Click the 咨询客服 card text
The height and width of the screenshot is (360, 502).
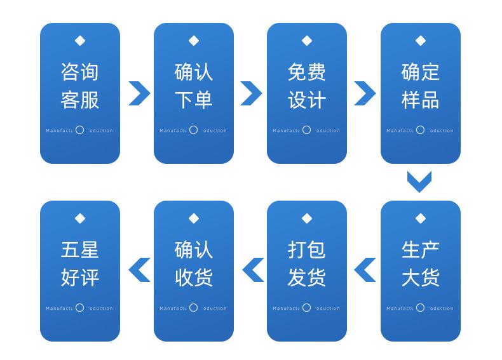(80, 85)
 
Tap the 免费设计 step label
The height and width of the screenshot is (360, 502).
(307, 85)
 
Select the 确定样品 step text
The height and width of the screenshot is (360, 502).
(420, 85)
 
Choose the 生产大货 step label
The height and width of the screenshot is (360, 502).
(420, 263)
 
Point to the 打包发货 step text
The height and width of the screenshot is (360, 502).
(307, 263)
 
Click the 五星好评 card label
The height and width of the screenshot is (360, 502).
(80, 263)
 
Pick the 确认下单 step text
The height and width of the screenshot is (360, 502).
(193, 85)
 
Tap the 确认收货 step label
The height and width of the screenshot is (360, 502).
(193, 263)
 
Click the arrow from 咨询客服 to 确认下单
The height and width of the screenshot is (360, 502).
(139, 93)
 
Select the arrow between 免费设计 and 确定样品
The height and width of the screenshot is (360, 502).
(365, 93)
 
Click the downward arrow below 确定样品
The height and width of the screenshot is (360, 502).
(419, 182)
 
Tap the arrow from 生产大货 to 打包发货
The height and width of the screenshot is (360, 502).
(365, 269)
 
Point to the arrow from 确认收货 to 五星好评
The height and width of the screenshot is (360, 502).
(139, 269)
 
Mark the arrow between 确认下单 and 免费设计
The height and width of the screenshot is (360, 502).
(251, 93)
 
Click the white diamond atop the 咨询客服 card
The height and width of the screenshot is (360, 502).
(80, 41)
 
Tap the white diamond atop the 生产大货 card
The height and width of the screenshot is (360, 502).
(420, 218)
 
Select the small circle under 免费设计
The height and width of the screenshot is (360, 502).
(306, 130)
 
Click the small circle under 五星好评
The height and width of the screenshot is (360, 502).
(79, 308)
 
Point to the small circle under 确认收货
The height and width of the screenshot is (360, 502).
(193, 308)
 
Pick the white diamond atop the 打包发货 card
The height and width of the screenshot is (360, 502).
(307, 218)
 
